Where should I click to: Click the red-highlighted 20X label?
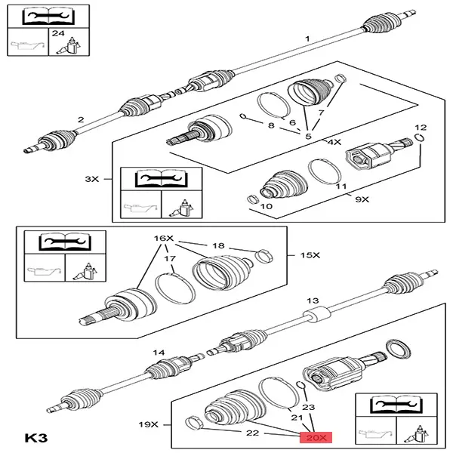click(x=314, y=436)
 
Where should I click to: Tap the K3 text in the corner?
click(x=36, y=436)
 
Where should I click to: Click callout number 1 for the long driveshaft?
click(x=307, y=39)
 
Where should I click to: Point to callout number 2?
click(x=82, y=119)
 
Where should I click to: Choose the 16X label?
click(x=164, y=238)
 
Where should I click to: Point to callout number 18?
click(x=218, y=245)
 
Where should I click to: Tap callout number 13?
click(x=309, y=300)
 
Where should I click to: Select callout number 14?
click(x=159, y=353)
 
